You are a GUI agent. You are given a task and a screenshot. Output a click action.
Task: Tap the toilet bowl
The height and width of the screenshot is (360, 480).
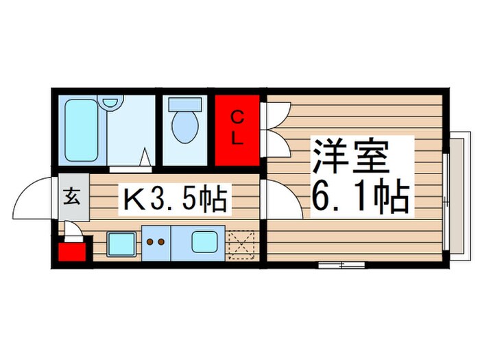[184, 128]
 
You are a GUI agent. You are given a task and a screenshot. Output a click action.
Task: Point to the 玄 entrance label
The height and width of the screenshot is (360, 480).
[72, 199]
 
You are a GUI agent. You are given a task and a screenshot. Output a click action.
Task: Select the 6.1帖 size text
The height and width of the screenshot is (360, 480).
[361, 197]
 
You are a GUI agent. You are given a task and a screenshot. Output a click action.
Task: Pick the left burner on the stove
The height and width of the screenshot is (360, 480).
[150, 241]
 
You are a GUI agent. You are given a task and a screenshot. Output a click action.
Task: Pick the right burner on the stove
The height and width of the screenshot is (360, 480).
[163, 241]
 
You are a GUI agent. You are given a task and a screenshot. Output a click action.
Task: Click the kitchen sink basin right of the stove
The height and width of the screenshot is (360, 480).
[204, 241]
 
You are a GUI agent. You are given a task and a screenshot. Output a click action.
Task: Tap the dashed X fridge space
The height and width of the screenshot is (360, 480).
[241, 245]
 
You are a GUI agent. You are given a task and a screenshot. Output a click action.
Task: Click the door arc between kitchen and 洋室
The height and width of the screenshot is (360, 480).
[281, 199]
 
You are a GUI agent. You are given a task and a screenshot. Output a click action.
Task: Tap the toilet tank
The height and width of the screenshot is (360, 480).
[184, 104]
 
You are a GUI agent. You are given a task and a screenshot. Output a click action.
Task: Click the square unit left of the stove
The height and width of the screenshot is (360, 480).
[121, 243]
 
